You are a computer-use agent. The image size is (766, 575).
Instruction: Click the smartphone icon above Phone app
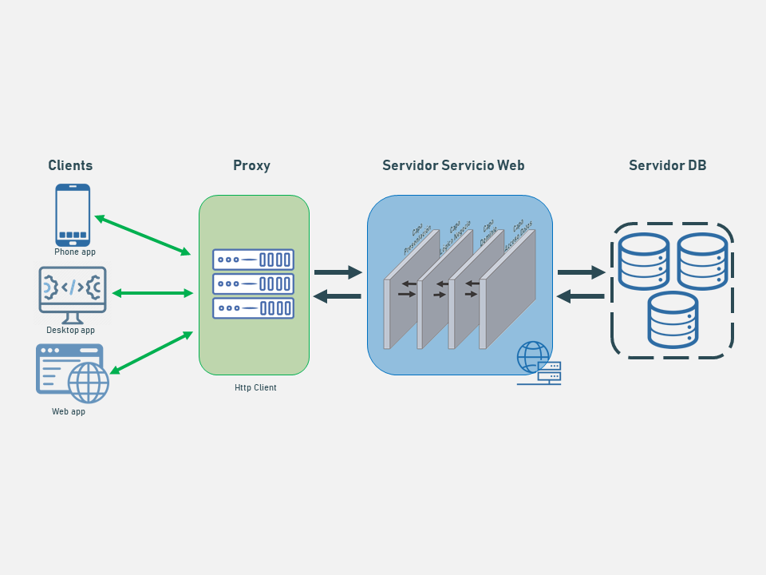(x=73, y=215)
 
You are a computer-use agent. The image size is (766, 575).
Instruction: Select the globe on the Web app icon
(x=88, y=383)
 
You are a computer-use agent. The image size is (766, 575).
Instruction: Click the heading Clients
(x=70, y=165)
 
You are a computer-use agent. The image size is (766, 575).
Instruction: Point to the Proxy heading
(x=251, y=165)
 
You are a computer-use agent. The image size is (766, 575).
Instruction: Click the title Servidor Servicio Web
(x=453, y=165)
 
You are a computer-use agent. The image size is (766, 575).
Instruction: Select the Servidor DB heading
(x=667, y=165)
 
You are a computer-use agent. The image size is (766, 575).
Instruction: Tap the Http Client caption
(x=255, y=388)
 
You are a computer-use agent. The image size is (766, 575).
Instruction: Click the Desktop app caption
(x=70, y=330)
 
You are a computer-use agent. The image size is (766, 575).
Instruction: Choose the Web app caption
(x=69, y=412)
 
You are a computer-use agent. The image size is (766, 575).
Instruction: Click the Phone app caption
(x=75, y=252)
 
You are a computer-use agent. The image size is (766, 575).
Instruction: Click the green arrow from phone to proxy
(x=143, y=235)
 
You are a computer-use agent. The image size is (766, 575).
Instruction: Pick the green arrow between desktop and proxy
(x=152, y=293)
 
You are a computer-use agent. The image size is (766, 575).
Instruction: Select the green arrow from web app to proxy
(x=152, y=352)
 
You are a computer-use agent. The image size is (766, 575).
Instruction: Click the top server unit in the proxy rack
(x=253, y=260)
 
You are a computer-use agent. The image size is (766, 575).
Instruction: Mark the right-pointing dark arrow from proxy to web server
(x=338, y=272)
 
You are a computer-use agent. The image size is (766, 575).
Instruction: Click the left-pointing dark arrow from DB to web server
(x=580, y=296)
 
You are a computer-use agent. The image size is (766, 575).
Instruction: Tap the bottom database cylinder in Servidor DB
(x=673, y=319)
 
